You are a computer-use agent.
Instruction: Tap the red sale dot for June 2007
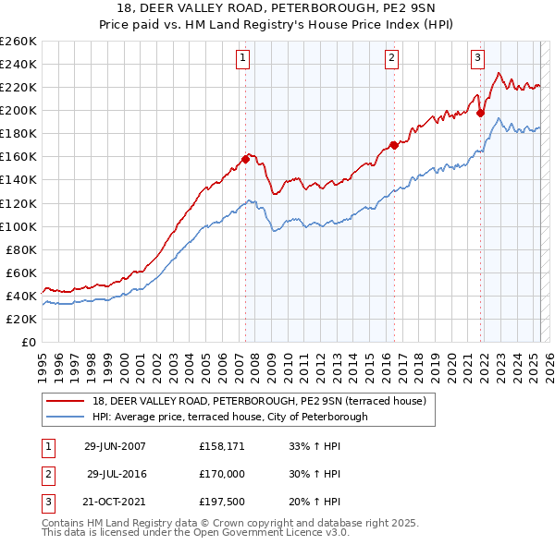click(246, 159)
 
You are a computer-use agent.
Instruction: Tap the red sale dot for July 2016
click(394, 145)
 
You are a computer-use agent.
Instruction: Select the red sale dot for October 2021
click(480, 113)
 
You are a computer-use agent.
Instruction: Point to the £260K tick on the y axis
click(18, 41)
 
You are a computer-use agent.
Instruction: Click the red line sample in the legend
click(66, 401)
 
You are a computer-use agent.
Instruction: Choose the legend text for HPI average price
click(230, 417)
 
